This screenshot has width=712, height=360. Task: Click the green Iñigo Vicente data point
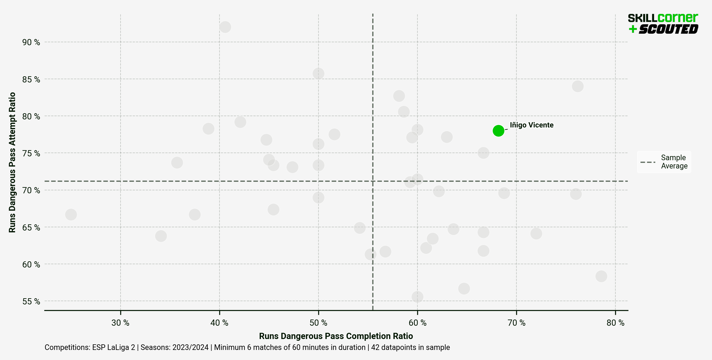(498, 131)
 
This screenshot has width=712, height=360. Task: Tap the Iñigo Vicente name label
(531, 125)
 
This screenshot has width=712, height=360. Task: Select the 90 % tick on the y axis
(31, 42)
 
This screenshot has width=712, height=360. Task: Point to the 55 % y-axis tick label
(31, 301)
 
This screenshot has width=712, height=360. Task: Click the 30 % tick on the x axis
(120, 323)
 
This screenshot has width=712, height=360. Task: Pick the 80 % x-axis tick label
(615, 323)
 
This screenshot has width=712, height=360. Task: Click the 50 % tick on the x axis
(318, 323)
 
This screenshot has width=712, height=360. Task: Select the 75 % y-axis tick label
(31, 153)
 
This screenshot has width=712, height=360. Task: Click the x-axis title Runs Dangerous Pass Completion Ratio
(336, 336)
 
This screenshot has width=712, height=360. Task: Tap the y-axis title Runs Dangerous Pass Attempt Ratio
(12, 162)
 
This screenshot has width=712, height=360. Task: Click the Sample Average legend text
(674, 162)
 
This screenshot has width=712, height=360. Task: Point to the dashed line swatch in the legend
(648, 162)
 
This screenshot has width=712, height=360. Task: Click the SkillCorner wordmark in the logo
(663, 18)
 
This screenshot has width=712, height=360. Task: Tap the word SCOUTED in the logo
(668, 29)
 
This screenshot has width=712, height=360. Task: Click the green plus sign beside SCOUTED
(633, 29)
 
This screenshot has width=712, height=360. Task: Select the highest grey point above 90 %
(225, 27)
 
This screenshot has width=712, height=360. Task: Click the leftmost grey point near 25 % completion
(71, 215)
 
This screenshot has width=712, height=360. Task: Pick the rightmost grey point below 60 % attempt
(601, 276)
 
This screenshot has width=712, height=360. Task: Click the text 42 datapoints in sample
(410, 347)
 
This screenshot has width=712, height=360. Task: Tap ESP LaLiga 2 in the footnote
(113, 347)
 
